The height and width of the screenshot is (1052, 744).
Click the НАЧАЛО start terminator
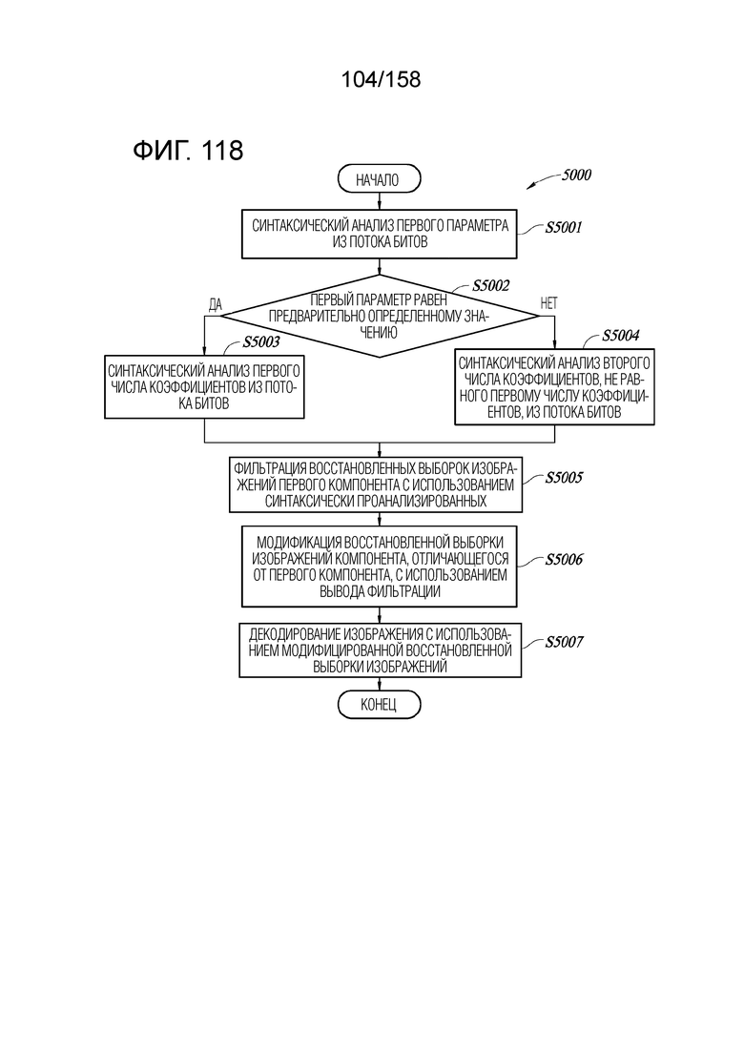(379, 180)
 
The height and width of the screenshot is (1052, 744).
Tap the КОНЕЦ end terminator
(379, 705)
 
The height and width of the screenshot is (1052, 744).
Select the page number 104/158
(381, 79)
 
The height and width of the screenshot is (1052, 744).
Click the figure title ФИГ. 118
(188, 150)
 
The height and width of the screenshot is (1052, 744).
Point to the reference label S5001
(564, 227)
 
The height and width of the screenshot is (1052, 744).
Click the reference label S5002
(491, 286)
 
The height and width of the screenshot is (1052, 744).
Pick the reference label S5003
(261, 342)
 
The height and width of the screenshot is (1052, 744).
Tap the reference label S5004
(621, 336)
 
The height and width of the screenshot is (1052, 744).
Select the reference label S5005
(564, 478)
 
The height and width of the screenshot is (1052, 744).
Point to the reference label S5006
(564, 560)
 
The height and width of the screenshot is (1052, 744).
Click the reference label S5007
(564, 642)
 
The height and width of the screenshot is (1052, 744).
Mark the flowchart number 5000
(576, 175)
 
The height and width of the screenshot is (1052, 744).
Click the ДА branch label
(215, 305)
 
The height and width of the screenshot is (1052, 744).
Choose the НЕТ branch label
(548, 303)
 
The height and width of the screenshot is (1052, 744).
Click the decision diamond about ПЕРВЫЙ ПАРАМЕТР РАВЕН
(379, 316)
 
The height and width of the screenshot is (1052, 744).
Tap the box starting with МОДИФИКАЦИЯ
(379, 567)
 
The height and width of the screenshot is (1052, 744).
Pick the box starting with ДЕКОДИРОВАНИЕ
(381, 650)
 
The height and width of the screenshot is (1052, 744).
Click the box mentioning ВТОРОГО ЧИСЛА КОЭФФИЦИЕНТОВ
(554, 387)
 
